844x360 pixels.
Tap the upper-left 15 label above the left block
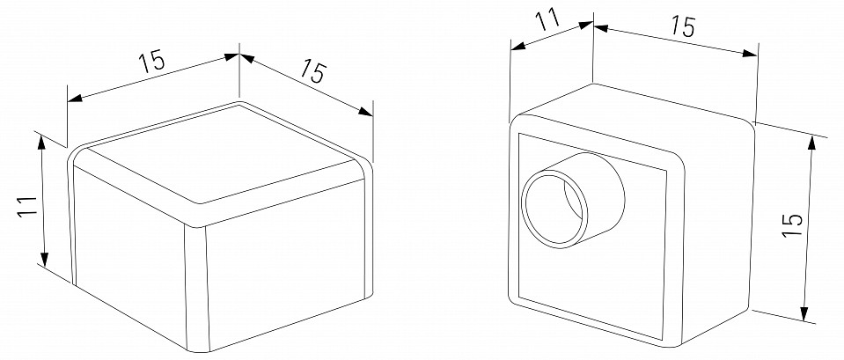click(x=151, y=62)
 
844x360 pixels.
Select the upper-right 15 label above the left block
click(x=310, y=70)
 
